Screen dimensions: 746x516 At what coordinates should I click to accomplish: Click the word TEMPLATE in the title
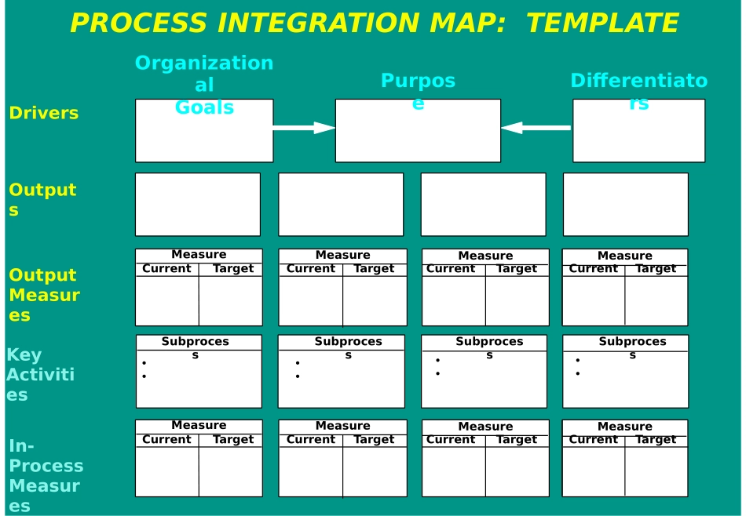[x=602, y=23]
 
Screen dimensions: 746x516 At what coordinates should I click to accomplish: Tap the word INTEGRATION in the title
[x=318, y=23]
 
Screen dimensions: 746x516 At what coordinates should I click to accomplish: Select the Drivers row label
[x=44, y=113]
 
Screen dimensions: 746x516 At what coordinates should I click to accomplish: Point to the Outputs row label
[x=42, y=199]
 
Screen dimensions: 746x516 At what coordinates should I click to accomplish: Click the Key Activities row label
[x=40, y=375]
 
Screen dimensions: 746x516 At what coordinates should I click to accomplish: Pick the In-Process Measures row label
[x=46, y=475]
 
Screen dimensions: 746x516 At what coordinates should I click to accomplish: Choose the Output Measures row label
[x=44, y=295]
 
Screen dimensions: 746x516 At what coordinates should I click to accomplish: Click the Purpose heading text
[x=419, y=91]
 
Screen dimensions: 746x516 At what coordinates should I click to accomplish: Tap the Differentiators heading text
[x=639, y=91]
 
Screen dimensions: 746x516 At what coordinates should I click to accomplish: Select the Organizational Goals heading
[x=204, y=85]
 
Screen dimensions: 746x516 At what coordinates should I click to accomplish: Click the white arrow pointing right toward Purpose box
[x=304, y=128]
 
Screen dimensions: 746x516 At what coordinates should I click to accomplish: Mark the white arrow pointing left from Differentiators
[x=536, y=128]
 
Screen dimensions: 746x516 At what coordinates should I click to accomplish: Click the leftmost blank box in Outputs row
[x=198, y=205]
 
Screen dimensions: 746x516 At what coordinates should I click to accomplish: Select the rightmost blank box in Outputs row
[x=626, y=205]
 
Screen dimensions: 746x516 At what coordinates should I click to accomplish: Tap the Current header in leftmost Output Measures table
[x=166, y=268]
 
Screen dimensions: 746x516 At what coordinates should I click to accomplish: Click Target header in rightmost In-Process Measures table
[x=656, y=439]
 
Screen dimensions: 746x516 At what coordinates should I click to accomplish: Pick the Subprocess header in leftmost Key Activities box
[x=195, y=348]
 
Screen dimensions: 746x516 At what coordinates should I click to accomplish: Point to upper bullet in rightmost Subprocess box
[x=578, y=361]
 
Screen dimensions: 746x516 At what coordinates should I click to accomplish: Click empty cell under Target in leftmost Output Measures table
[x=231, y=301]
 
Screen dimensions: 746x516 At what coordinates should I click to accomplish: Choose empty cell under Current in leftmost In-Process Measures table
[x=167, y=472]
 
